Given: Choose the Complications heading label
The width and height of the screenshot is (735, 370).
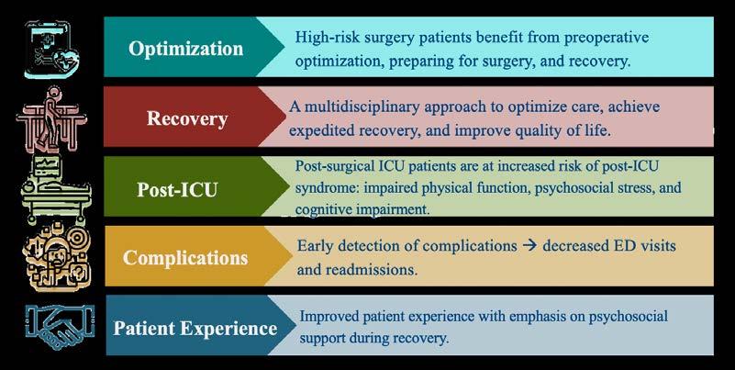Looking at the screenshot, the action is tap(186, 257).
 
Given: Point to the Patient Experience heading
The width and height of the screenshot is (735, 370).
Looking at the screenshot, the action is tap(195, 327).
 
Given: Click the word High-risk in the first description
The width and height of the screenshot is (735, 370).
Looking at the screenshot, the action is tap(326, 39).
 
